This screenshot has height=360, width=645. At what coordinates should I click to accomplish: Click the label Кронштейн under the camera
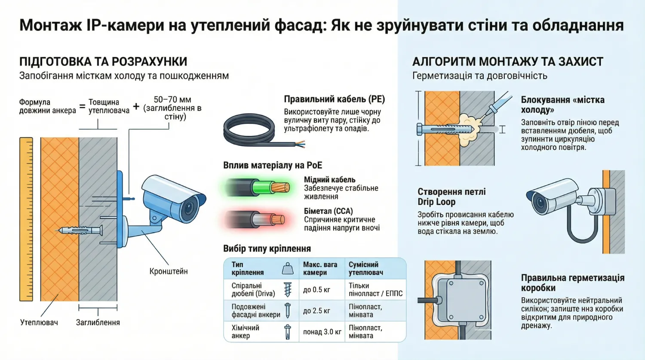point(168,271)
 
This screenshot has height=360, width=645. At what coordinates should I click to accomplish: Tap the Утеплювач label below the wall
point(39,322)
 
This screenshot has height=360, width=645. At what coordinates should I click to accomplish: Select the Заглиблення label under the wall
point(98,322)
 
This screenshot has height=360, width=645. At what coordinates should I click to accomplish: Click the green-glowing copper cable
point(258,188)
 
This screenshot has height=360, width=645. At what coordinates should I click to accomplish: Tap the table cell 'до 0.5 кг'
point(316,290)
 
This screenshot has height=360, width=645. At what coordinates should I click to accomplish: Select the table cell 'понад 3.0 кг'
point(322,332)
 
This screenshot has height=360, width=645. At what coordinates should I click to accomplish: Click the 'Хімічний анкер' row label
point(246,332)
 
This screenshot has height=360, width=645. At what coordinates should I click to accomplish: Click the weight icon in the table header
point(288,269)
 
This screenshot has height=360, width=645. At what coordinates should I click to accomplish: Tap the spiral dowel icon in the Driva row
point(288,289)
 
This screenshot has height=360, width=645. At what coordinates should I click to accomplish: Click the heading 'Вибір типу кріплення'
point(267,249)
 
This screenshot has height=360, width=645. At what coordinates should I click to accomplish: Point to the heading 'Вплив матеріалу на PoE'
point(272,166)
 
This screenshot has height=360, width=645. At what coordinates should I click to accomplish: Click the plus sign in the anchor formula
point(136,106)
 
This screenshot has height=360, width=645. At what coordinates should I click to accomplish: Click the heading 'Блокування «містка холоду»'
point(562,105)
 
